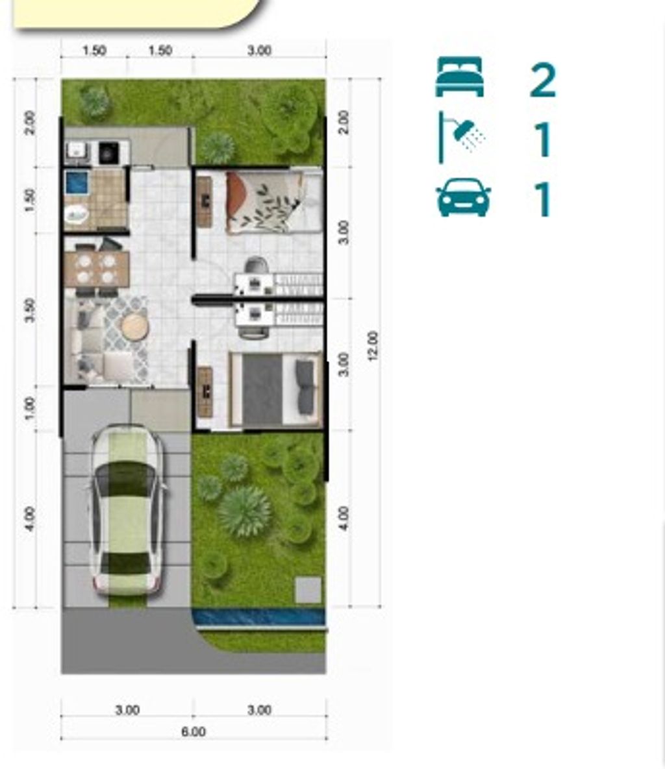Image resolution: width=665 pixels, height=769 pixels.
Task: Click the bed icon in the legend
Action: pos(459,77)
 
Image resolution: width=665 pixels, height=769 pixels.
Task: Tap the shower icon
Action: pos(460,138)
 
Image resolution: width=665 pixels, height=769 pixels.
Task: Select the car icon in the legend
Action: pos(463,197)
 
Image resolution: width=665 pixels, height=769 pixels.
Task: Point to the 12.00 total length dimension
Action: pos(373,347)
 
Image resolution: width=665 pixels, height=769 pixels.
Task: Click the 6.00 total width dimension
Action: pos(194,732)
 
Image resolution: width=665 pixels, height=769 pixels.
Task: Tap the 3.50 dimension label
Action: pos(30,310)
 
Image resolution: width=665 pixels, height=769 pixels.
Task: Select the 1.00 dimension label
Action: pos(30,408)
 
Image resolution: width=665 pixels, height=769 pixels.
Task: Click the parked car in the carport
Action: pos(127,510)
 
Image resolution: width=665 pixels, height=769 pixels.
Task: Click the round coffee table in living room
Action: pos(134,326)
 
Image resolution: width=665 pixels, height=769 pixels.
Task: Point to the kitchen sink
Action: pos(76,151)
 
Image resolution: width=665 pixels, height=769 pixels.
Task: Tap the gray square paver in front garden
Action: pos(308,590)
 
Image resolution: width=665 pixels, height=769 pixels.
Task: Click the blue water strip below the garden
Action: pos(258,617)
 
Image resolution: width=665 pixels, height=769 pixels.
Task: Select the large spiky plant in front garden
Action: pos(244,511)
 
